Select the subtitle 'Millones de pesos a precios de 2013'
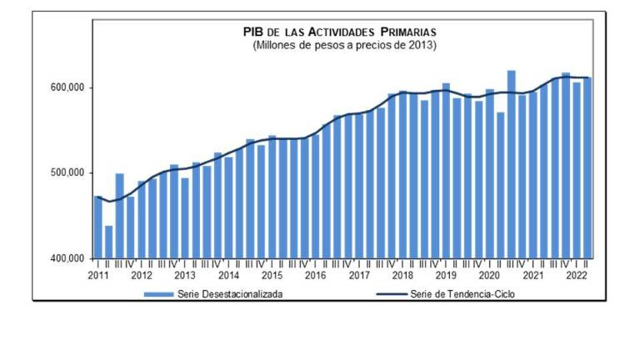coord(344,43)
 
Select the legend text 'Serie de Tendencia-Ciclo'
coord(463,294)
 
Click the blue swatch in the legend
coord(157,294)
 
